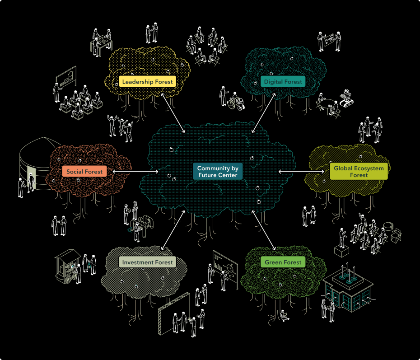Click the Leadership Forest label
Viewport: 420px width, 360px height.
(147, 82)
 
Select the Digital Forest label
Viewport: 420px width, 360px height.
(283, 82)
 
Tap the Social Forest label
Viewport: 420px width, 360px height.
(84, 172)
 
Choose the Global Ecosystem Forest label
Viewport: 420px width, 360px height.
(359, 172)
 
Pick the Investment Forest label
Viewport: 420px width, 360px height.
(147, 262)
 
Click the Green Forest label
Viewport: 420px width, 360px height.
(283, 262)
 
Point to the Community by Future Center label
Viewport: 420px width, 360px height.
(217, 172)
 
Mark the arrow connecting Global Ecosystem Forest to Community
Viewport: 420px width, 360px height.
(301, 172)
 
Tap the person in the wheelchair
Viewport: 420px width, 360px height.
(237, 102)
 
